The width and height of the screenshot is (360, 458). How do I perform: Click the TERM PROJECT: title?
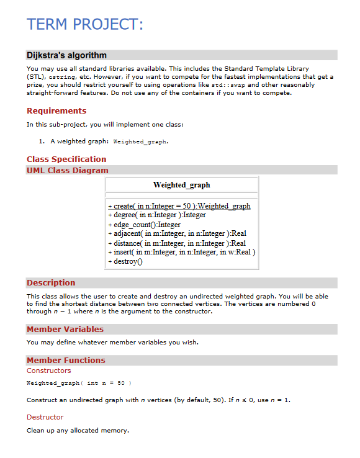[x=85, y=25]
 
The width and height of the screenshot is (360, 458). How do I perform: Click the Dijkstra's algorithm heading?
[x=67, y=55]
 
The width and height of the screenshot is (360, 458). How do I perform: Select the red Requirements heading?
[x=56, y=111]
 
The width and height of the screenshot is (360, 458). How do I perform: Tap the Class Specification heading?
[x=66, y=159]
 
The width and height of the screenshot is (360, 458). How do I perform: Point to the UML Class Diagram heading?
[x=68, y=170]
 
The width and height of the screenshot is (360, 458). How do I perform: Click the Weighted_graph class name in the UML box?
[x=181, y=185]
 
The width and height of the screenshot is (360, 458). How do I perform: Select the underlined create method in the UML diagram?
[x=179, y=206]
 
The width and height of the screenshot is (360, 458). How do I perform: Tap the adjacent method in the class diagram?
[x=176, y=234]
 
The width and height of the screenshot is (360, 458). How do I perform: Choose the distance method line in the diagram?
[x=176, y=243]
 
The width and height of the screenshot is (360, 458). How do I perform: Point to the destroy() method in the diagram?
[x=125, y=262]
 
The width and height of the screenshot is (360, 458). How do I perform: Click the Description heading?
[x=51, y=282]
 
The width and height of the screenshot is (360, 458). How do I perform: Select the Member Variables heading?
[x=65, y=329]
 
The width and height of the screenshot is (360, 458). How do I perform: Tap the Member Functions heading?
[x=66, y=360]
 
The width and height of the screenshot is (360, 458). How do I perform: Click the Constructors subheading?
[x=49, y=370]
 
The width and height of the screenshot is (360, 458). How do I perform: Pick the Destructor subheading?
[x=45, y=417]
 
